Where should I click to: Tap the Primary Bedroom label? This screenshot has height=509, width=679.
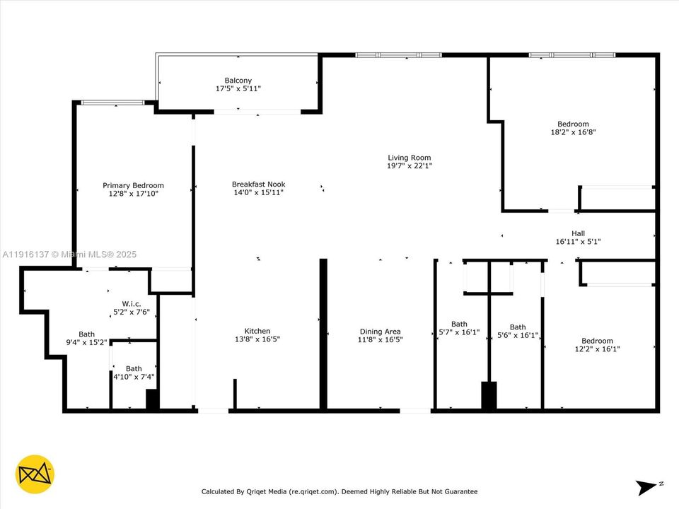pos(133,186)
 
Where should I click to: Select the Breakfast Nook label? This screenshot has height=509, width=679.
pos(258,185)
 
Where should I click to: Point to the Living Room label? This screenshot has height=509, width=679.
pos(409,158)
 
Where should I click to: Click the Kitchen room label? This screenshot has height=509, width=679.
pos(257,331)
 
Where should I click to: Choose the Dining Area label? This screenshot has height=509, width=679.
pos(381,332)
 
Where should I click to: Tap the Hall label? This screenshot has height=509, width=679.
pos(578,233)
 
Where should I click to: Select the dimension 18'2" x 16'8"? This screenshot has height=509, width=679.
pos(572,132)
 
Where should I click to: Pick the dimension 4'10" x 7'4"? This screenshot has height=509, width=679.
pos(134,377)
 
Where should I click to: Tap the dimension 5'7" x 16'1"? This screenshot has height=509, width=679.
pos(459,332)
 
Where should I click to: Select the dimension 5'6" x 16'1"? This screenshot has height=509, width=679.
pos(518,336)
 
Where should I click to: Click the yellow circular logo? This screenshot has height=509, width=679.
pos(35,474)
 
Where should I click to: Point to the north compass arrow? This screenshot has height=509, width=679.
pos(647,487)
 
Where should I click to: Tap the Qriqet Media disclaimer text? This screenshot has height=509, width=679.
pos(339,491)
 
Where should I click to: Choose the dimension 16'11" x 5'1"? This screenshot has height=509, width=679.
pos(578,242)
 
